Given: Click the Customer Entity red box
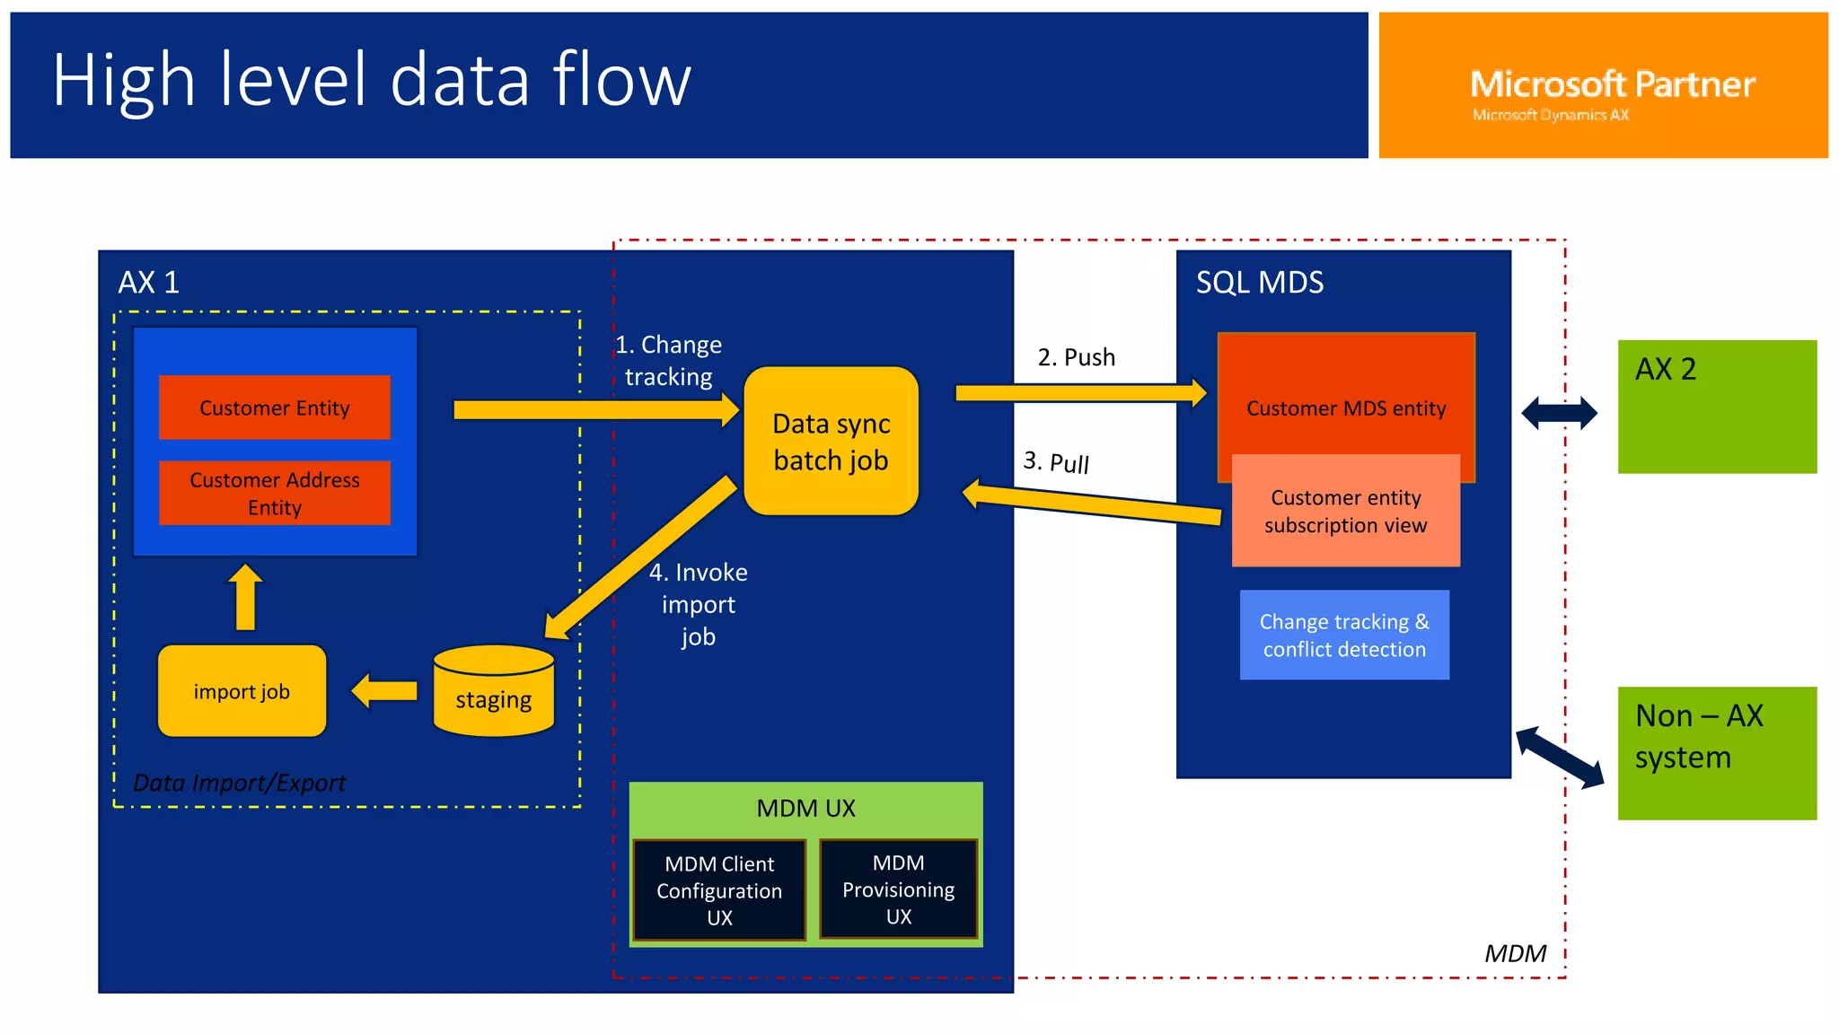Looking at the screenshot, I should click(274, 407).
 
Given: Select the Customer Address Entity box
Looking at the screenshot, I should click(274, 493).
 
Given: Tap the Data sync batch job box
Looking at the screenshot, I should click(831, 442).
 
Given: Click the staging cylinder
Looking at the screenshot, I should click(493, 691).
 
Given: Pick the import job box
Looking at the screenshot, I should click(242, 691).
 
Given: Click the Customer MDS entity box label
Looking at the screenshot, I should click(1345, 408).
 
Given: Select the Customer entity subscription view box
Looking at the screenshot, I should click(1345, 511).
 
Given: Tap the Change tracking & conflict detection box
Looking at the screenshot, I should click(1343, 635).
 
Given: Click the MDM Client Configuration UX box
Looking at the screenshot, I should click(719, 889).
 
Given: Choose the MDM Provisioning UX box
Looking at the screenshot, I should click(898, 889).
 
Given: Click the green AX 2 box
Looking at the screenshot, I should click(1716, 407).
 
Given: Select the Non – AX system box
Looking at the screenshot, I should click(1716, 753).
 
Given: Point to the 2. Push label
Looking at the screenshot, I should click(1076, 357).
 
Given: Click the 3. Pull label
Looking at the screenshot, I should click(1056, 462).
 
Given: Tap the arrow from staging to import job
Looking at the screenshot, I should click(384, 691).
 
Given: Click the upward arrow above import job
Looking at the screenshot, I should click(245, 597).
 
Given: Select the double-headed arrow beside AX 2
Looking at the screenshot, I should click(1559, 413).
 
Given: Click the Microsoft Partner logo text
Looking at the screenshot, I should click(1612, 84).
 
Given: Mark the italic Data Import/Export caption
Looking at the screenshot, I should click(239, 783).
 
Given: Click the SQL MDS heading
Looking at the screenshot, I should click(1259, 283).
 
